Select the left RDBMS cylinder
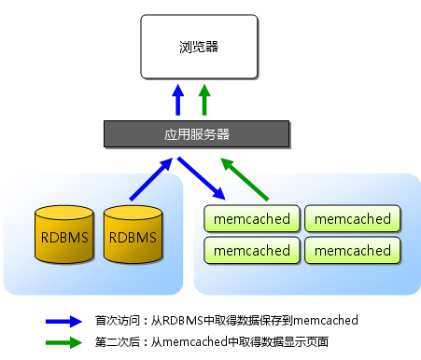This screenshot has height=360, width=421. tap(64, 236)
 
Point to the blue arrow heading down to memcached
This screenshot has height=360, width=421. tap(202, 178)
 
